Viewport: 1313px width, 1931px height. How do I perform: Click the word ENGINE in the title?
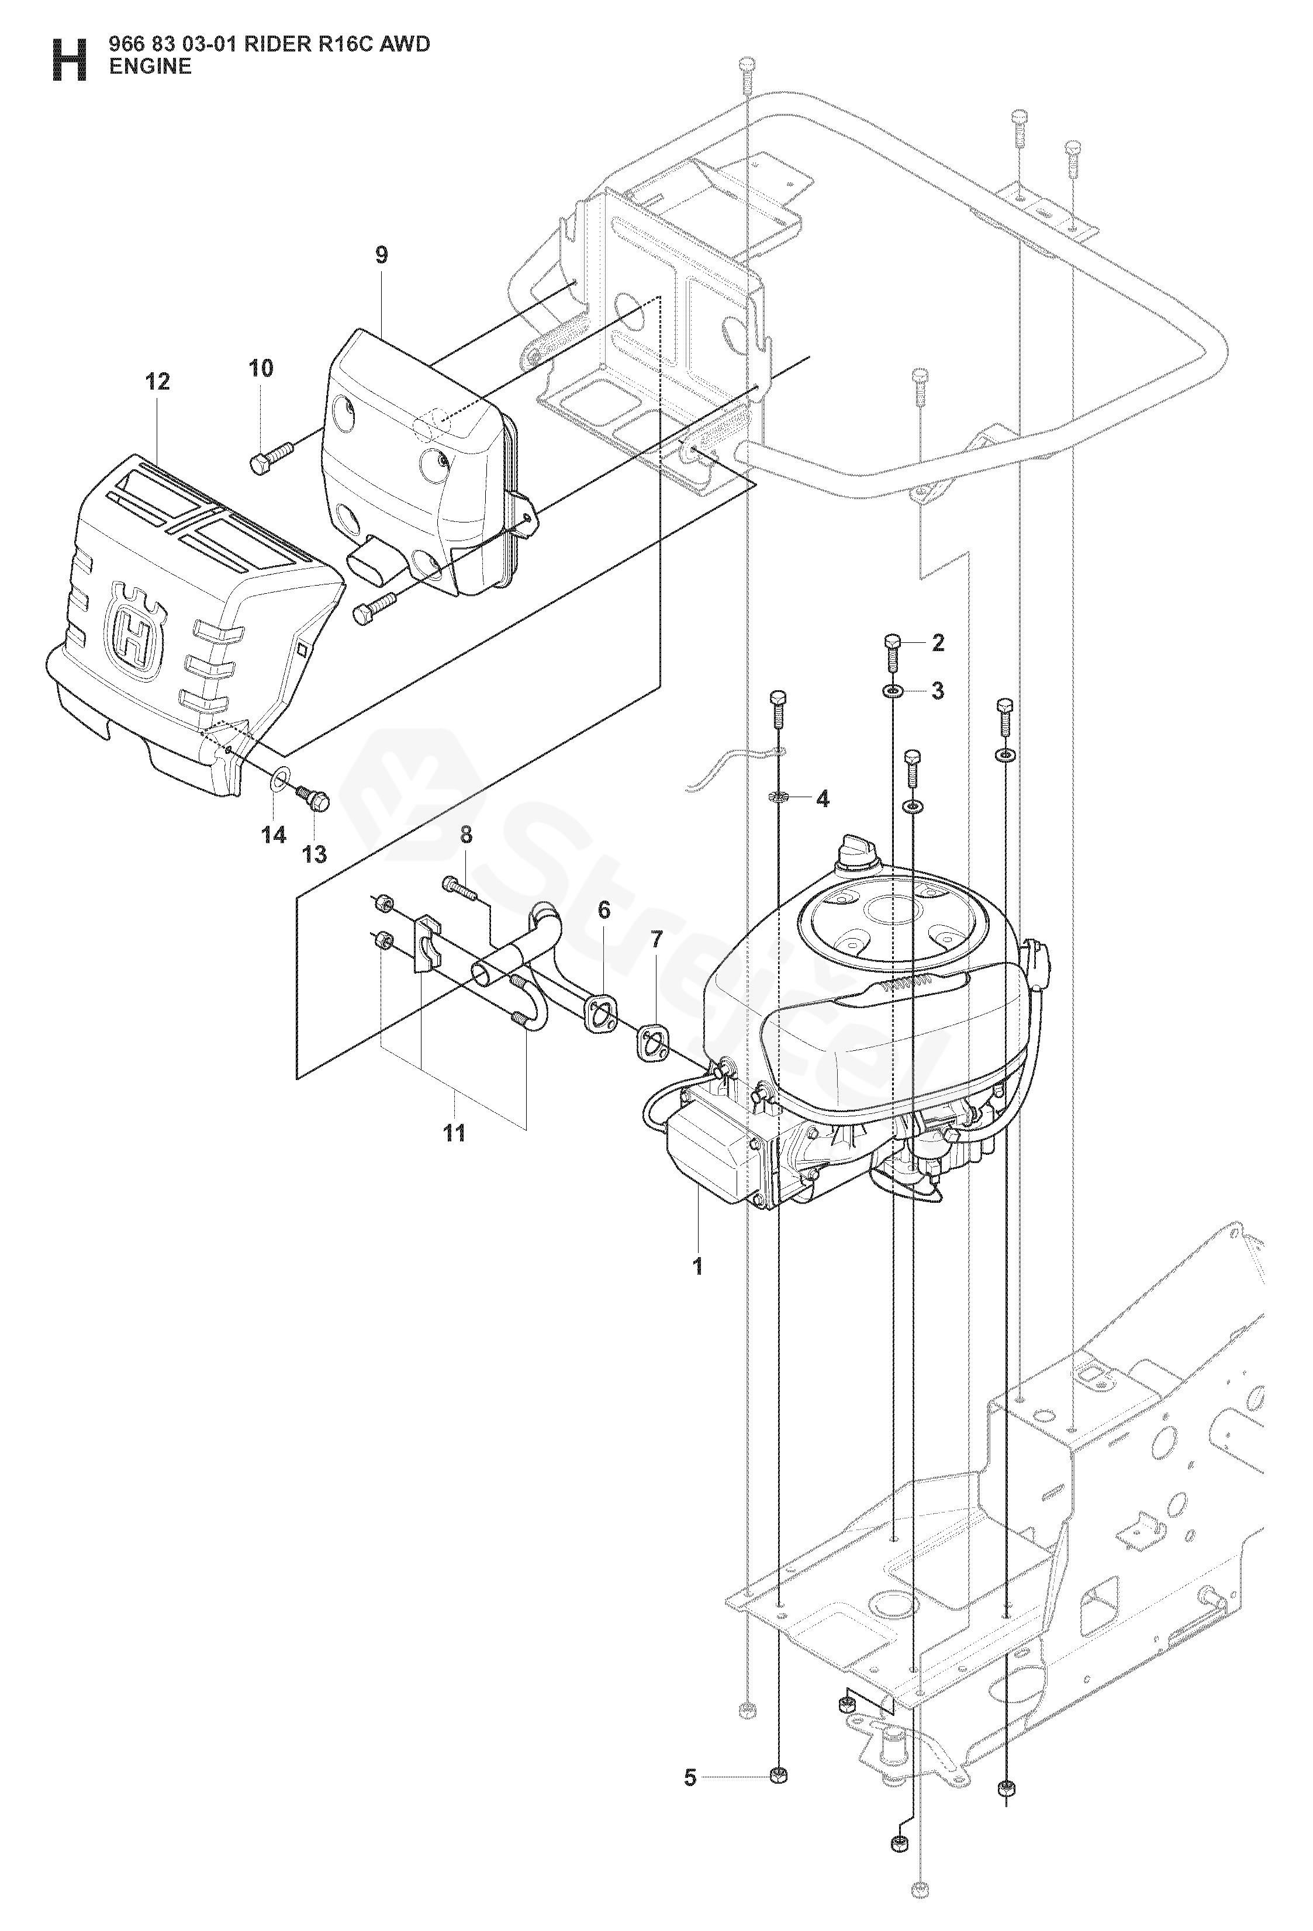[150, 67]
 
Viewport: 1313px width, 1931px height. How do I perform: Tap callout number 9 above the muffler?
[381, 255]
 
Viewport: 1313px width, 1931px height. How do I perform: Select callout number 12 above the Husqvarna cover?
[157, 382]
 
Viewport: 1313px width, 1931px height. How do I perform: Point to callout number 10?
[261, 368]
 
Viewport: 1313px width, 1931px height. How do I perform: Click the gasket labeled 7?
[654, 1040]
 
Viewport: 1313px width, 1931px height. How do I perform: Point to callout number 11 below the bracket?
[454, 1133]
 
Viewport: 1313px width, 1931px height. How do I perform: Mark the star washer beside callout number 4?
[778, 798]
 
